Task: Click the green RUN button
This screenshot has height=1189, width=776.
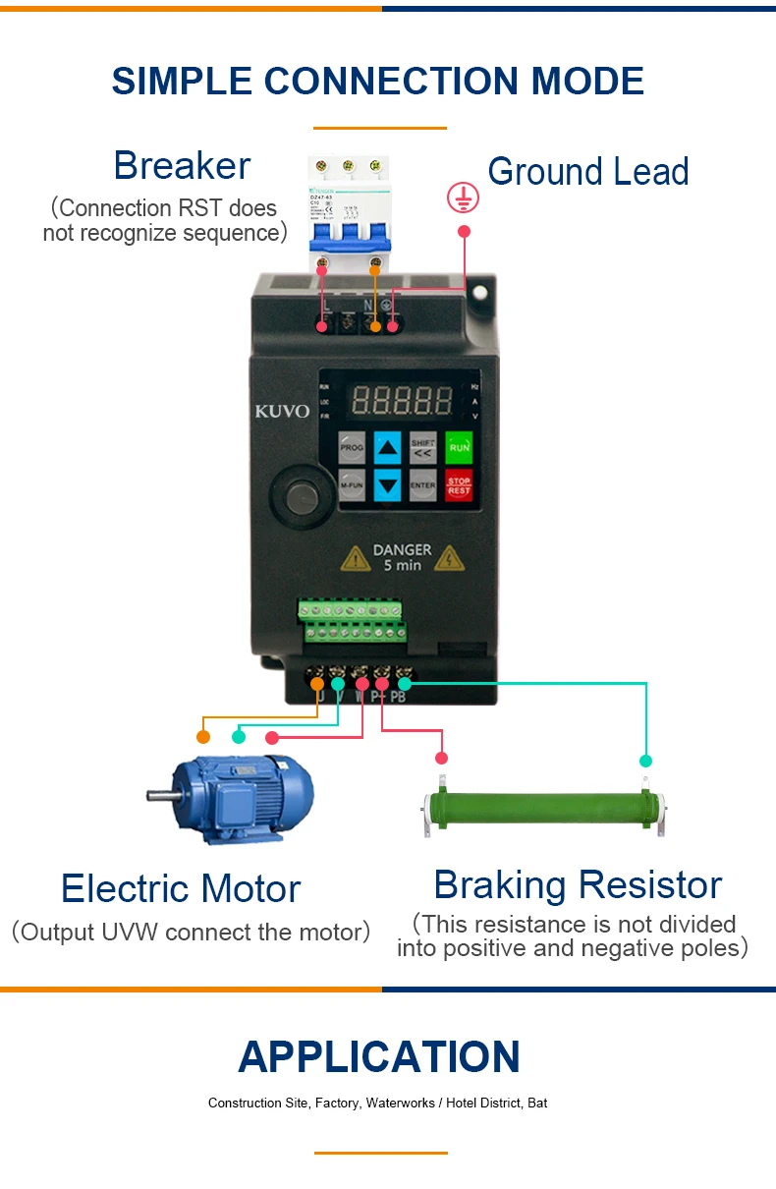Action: (459, 448)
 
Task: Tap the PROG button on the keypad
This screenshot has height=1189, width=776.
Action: (352, 448)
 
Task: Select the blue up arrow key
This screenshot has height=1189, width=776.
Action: (389, 448)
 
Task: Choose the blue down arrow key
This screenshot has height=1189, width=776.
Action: (389, 485)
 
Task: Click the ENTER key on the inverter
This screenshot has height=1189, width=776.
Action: (423, 485)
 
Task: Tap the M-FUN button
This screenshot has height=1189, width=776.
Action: (352, 485)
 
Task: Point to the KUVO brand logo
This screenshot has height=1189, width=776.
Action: (282, 411)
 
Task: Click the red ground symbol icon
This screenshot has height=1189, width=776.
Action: (463, 198)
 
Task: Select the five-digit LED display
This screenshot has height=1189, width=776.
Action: (402, 400)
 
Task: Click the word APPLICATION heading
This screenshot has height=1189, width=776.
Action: (379, 1057)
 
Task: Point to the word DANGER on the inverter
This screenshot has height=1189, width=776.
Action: (402, 550)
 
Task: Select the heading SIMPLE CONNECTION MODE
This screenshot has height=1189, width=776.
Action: (378, 81)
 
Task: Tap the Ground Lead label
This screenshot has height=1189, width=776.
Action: (587, 172)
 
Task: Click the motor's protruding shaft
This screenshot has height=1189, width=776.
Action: (160, 795)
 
